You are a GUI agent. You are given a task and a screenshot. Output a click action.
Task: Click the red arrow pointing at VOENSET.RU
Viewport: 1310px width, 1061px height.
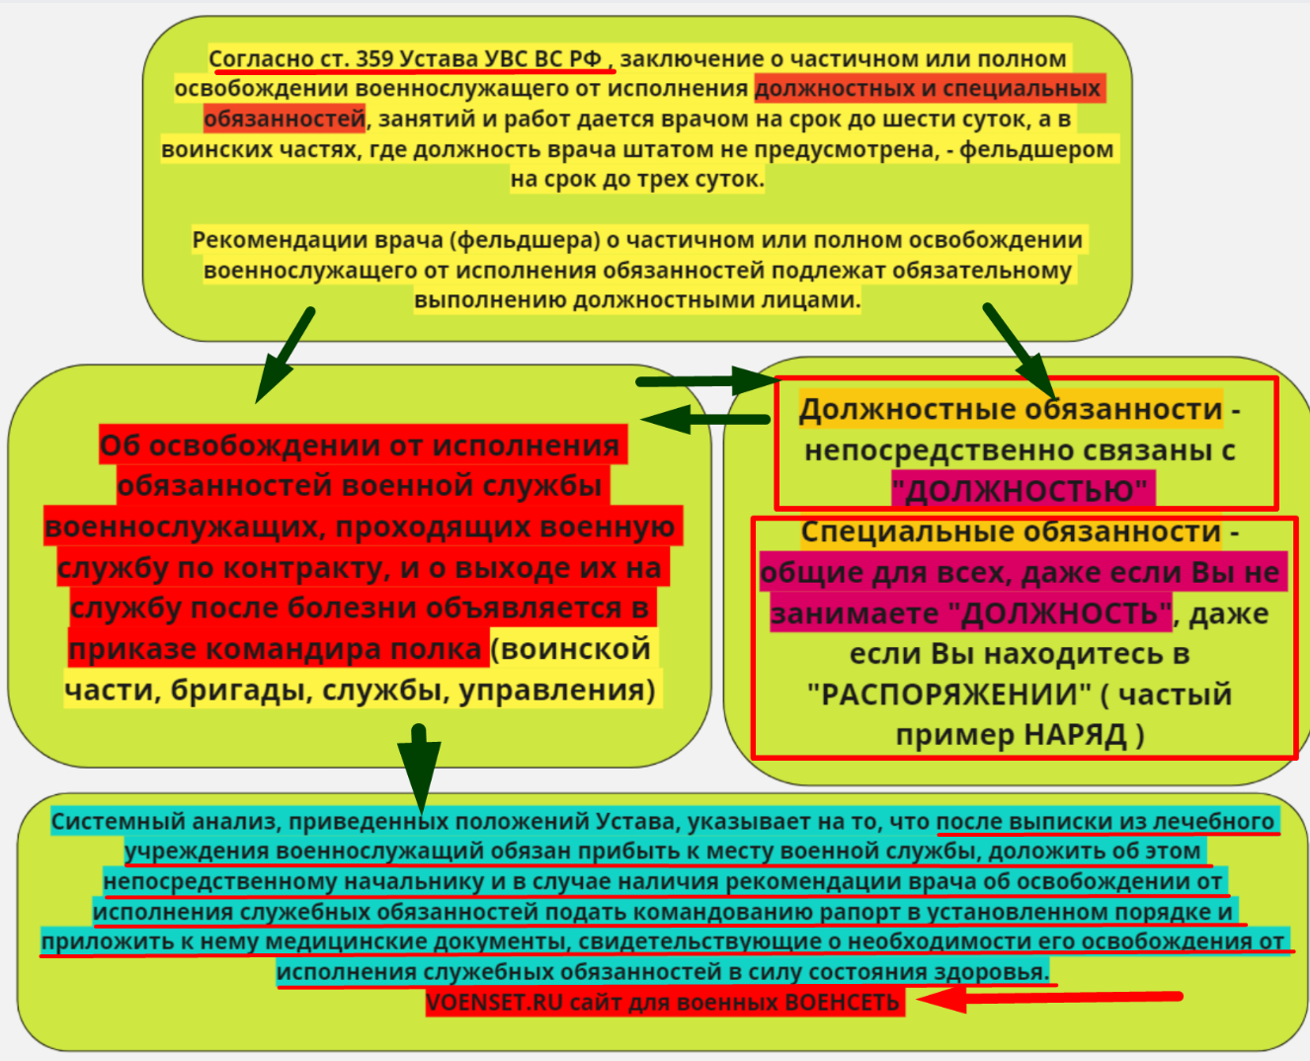1047,998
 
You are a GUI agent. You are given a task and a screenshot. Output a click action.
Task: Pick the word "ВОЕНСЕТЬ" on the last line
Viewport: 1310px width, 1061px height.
842,1003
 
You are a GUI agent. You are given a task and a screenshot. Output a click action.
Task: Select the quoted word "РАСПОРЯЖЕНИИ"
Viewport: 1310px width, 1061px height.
949,694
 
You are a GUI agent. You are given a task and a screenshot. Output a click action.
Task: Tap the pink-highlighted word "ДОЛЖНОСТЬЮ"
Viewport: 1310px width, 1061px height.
1022,491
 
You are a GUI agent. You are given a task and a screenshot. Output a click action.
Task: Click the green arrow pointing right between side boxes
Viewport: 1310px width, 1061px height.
705,380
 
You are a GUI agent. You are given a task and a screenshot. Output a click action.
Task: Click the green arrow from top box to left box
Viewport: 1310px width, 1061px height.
284,356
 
